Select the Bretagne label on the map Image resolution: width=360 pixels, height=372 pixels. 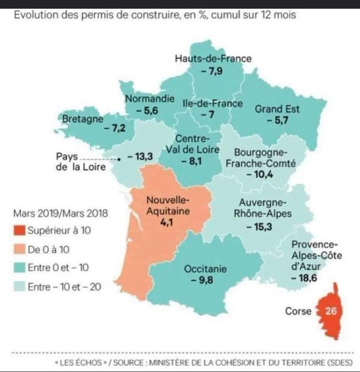click(x=80, y=119)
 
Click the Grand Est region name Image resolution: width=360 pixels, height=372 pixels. click(x=277, y=109)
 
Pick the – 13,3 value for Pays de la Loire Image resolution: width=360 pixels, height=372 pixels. click(x=140, y=157)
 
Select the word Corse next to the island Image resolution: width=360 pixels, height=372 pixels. click(x=298, y=312)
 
